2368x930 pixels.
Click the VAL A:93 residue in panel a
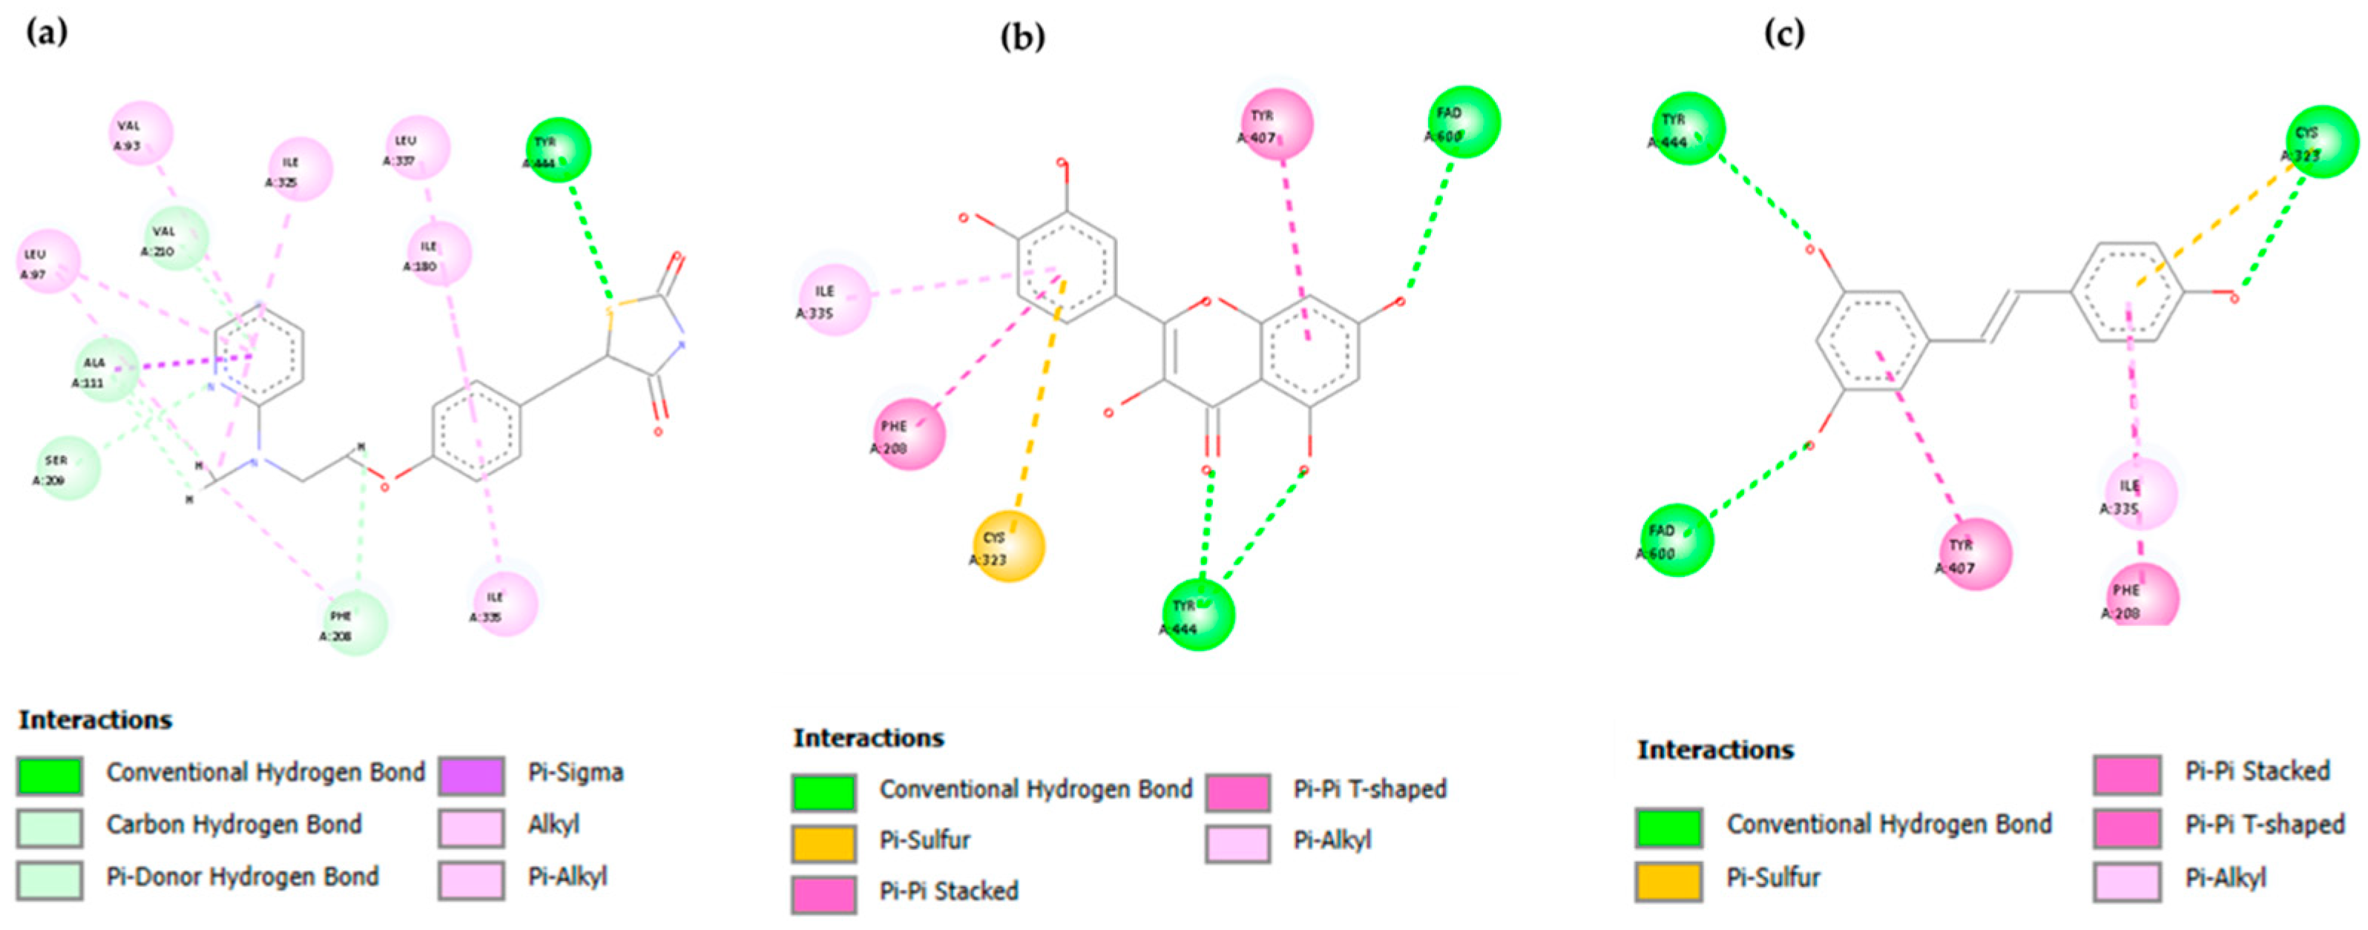[x=141, y=134]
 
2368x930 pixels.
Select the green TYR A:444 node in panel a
[x=558, y=150]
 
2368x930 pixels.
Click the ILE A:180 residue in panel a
[x=439, y=254]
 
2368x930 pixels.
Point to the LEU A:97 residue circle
[x=49, y=262]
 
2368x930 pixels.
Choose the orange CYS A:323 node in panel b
[x=1008, y=547]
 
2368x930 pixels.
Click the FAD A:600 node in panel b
[x=1464, y=123]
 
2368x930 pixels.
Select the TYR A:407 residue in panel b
[x=1277, y=124]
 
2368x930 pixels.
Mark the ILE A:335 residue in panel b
[x=835, y=300]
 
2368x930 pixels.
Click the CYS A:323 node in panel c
[x=2322, y=142]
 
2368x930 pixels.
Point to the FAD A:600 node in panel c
[x=1677, y=541]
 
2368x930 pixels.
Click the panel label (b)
[x=1022, y=37]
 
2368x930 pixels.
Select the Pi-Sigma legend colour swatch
[x=470, y=775]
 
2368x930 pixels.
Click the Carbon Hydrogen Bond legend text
[x=234, y=825]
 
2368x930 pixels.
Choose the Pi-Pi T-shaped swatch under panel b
[x=1237, y=792]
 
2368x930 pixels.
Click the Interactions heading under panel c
[x=1714, y=750]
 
